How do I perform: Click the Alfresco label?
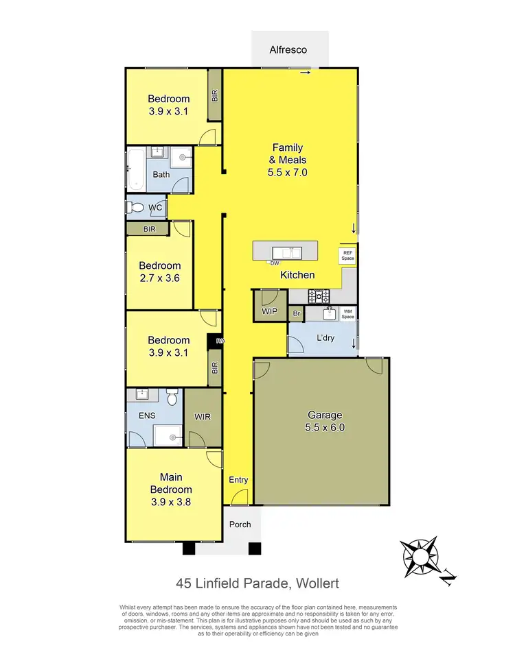(x=287, y=49)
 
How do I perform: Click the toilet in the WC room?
(x=135, y=207)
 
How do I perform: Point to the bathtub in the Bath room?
(x=135, y=169)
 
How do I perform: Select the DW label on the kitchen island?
(x=275, y=263)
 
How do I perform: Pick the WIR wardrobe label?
(x=203, y=415)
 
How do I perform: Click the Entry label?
(x=238, y=480)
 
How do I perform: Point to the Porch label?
(x=240, y=525)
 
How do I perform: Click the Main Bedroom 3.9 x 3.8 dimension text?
(x=171, y=501)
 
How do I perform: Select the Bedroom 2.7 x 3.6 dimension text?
(x=160, y=278)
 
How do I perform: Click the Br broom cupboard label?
(x=297, y=314)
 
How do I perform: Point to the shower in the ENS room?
(x=167, y=434)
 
